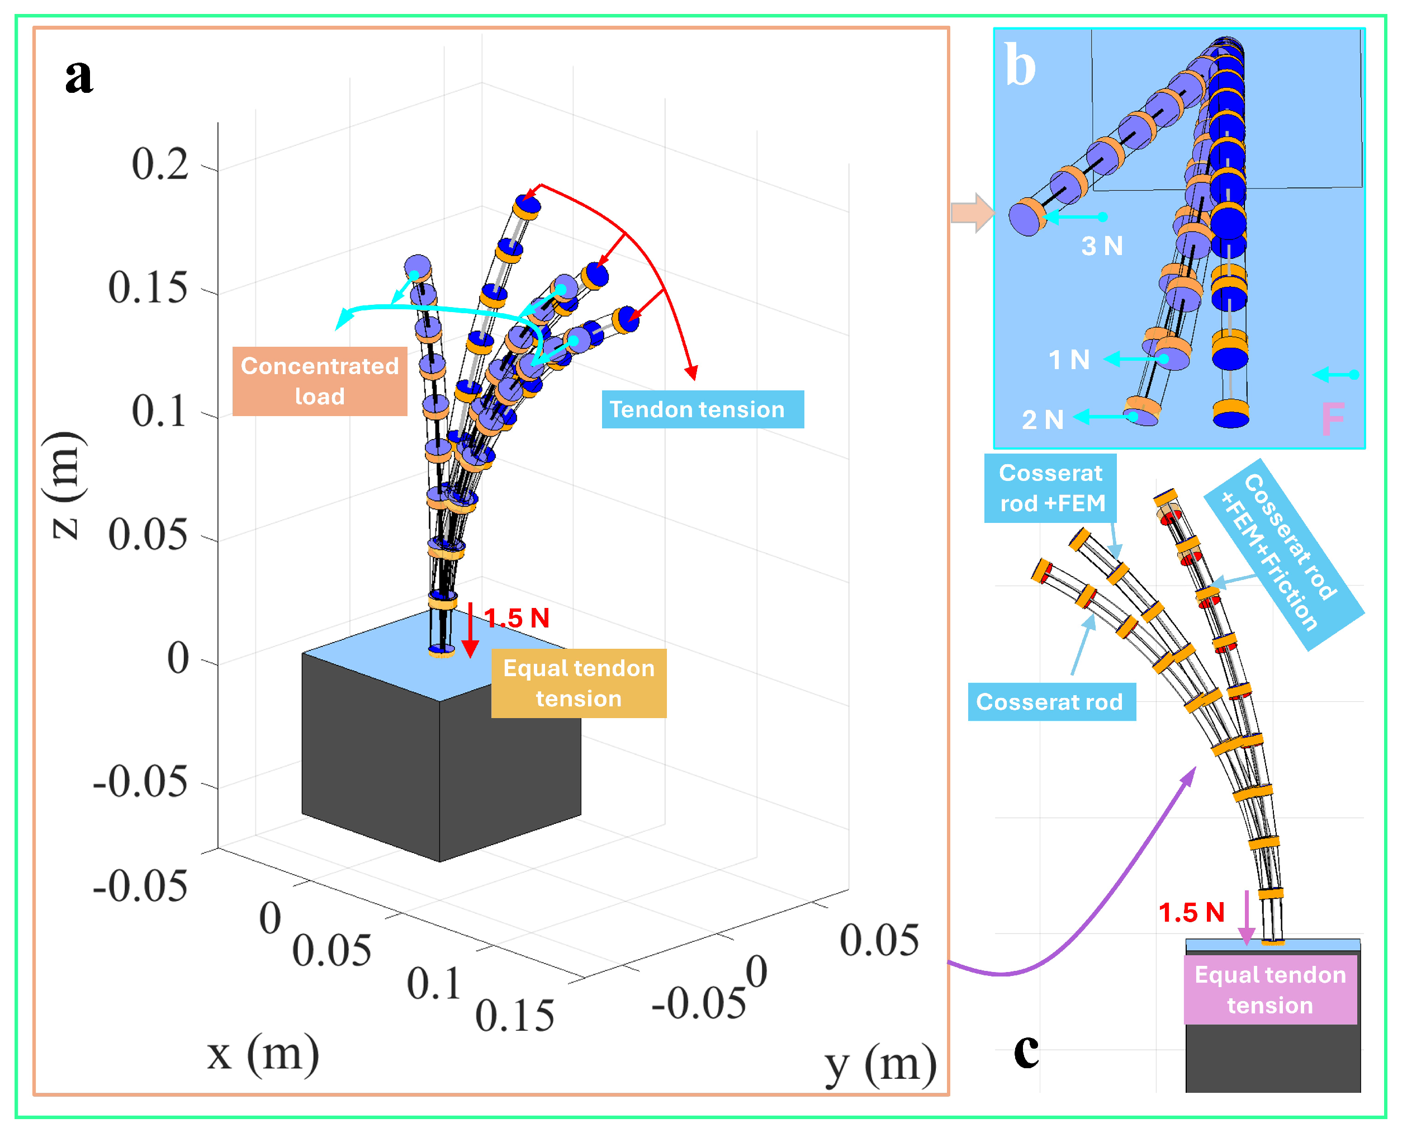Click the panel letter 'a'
79,77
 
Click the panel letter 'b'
1020,65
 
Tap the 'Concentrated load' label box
320,381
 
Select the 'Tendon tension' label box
702,410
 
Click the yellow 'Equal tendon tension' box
579,683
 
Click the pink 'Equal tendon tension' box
1269,990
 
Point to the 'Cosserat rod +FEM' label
1051,488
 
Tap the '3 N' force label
1102,246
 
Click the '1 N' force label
1069,360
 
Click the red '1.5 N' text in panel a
517,617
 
